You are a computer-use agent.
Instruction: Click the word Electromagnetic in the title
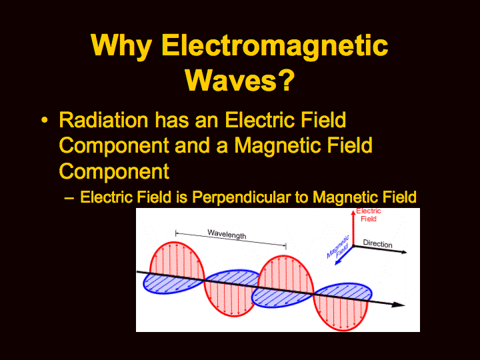275,45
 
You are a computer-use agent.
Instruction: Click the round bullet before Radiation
45,120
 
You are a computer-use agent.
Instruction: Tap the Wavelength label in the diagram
227,234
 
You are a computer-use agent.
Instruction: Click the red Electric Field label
369,215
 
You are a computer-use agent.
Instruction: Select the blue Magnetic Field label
338,247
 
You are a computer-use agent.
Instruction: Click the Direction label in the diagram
377,244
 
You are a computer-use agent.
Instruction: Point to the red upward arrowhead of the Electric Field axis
353,213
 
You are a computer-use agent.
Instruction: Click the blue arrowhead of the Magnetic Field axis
338,262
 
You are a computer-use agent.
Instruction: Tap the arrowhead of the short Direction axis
404,252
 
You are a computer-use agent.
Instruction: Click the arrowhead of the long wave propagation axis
399,305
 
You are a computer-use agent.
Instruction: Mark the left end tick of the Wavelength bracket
176,233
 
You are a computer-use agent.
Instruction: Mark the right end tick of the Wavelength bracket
286,246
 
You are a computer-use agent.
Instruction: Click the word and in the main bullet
192,145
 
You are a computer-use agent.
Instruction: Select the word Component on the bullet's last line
114,172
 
